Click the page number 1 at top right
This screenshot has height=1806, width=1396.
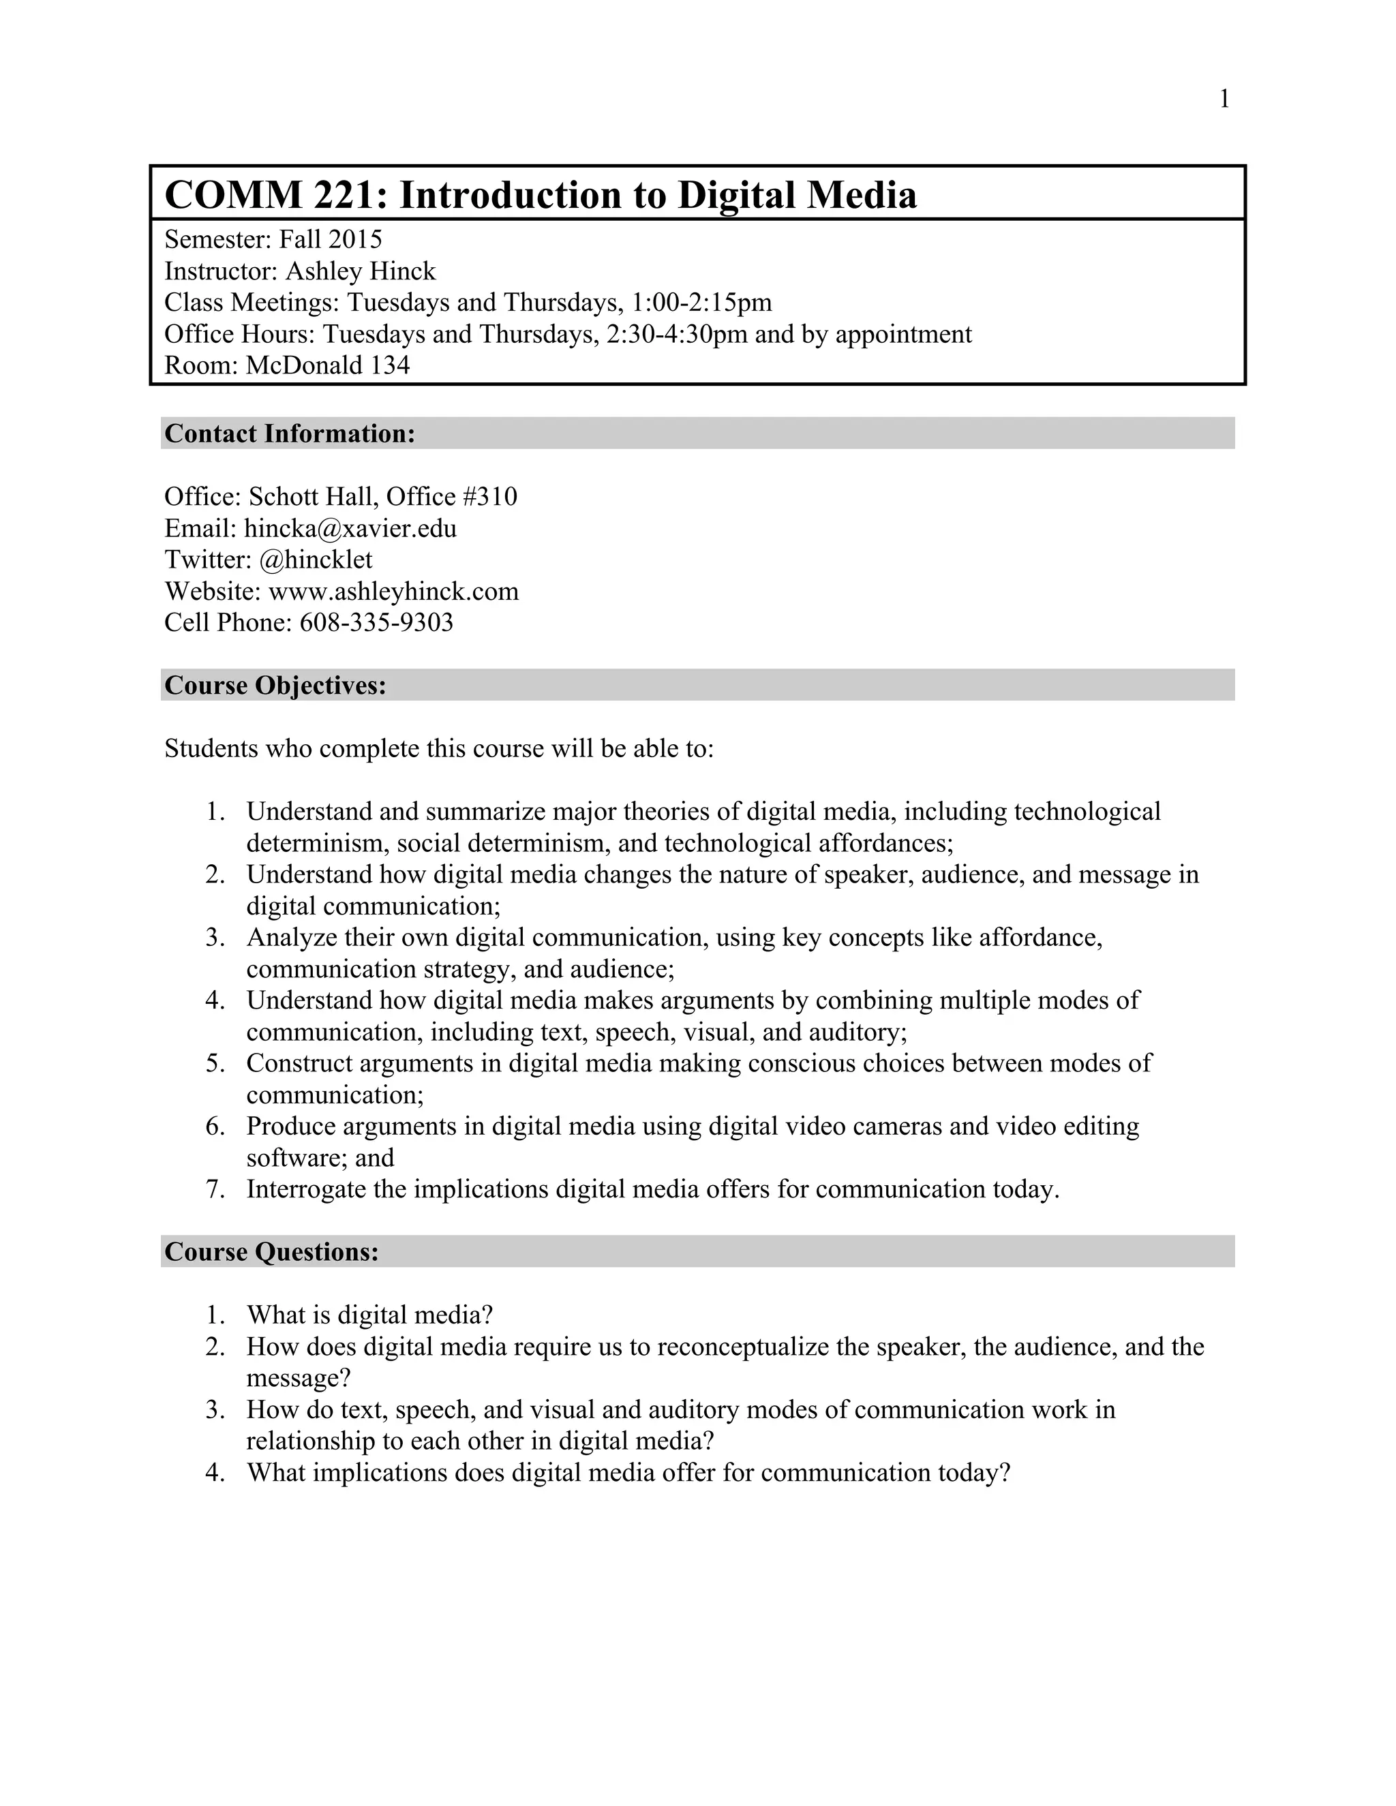[x=1224, y=100]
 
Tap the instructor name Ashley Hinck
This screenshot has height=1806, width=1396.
[x=360, y=271]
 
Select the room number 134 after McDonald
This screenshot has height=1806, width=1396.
[x=389, y=365]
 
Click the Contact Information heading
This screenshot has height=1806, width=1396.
[x=290, y=433]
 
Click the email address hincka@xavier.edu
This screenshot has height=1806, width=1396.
[x=350, y=528]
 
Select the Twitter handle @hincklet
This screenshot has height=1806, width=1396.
[x=315, y=560]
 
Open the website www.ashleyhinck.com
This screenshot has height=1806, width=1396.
[x=394, y=592]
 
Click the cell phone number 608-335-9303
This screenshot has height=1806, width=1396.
[x=376, y=623]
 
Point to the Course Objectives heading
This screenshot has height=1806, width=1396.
[x=275, y=686]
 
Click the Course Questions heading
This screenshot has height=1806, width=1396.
[x=272, y=1252]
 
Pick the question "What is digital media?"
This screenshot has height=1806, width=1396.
[x=369, y=1315]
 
